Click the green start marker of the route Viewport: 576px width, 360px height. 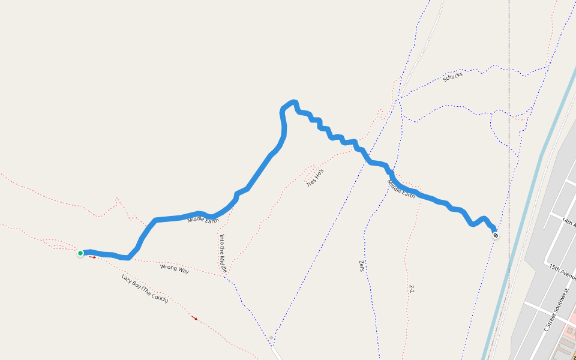80,253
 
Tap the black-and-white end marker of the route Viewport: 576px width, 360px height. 496,235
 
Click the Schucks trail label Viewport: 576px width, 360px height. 452,77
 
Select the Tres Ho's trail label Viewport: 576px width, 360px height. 315,177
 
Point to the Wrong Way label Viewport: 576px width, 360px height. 175,269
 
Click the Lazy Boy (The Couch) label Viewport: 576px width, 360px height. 145,288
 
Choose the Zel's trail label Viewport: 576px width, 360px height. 361,266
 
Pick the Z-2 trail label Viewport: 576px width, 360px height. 412,289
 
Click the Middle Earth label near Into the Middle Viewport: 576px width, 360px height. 203,220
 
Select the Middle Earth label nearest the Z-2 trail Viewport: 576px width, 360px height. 401,189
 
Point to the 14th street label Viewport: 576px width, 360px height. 568,223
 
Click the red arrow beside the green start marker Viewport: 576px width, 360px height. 93,257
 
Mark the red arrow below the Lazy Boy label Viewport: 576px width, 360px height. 194,318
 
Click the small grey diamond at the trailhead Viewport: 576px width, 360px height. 271,338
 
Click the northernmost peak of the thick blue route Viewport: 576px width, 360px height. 293,101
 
